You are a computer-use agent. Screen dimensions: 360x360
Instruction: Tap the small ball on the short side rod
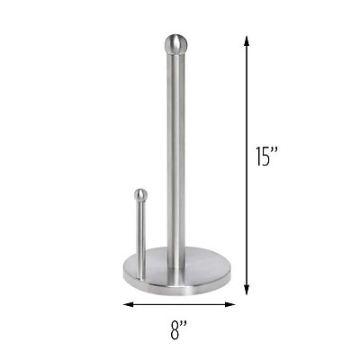coord(139,193)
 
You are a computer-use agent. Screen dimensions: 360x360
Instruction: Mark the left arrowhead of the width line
coord(127,304)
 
